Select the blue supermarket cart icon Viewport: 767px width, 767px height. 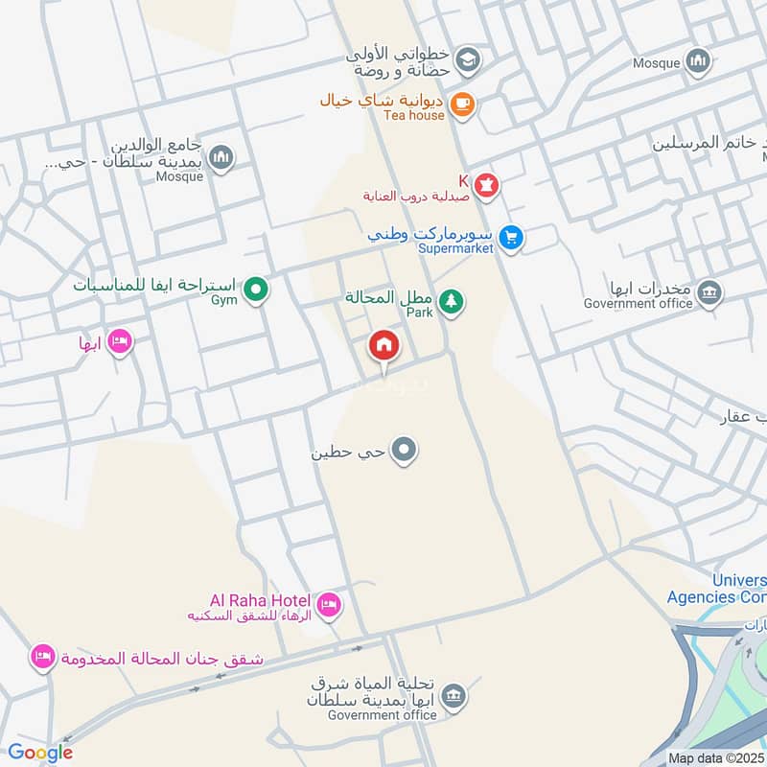pos(511,237)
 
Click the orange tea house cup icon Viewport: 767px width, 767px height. pos(462,105)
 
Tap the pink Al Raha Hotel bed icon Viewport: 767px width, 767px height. pos(327,605)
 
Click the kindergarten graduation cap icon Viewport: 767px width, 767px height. pos(467,60)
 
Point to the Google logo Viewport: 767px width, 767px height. pos(39,754)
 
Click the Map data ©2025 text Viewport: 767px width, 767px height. pos(716,757)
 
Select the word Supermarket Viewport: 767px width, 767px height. pos(456,248)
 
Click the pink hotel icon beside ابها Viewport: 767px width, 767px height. pos(119,341)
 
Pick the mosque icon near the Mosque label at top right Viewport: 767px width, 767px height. pos(697,62)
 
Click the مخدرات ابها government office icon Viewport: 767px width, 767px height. pos(709,292)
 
